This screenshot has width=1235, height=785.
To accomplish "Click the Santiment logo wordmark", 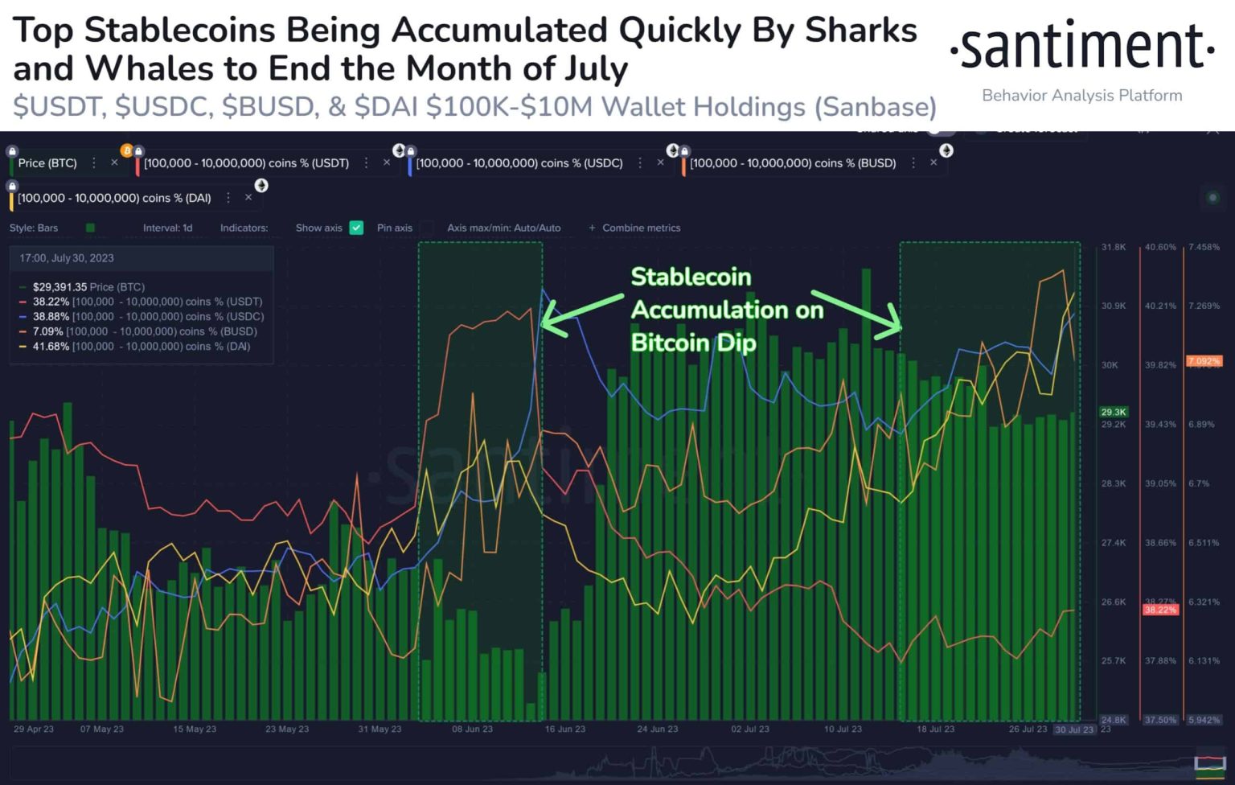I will (1082, 47).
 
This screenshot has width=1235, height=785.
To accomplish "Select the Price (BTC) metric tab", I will (47, 163).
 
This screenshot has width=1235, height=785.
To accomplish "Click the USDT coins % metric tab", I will (246, 163).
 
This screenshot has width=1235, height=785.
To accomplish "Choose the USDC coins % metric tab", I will (519, 163).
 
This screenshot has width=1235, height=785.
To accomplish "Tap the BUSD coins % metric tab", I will (792, 163).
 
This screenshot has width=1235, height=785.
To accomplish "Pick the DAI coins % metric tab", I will (114, 198).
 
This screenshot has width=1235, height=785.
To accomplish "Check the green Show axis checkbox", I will (356, 228).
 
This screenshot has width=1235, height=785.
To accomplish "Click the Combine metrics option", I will (640, 228).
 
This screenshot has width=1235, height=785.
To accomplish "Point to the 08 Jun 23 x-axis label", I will (472, 729).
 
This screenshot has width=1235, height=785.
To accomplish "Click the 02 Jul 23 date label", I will (749, 729).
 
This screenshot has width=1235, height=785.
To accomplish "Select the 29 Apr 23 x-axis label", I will (34, 729).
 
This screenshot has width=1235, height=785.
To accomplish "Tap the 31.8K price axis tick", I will (1114, 247).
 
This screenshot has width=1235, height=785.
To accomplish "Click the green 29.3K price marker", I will (1114, 412).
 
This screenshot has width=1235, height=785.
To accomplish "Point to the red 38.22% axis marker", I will (1159, 610).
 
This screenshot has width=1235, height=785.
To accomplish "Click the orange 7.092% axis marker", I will (1204, 361).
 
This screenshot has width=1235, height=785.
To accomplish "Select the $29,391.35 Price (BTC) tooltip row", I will (88, 287).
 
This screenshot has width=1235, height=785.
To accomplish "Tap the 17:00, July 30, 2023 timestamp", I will (67, 258).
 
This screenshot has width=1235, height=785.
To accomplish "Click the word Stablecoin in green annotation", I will (691, 277).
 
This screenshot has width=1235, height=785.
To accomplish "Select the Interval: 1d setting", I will (167, 228).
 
